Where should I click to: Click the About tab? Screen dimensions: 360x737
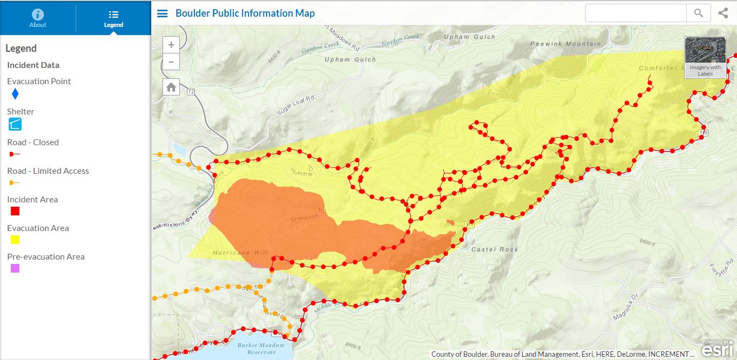[x=38, y=18]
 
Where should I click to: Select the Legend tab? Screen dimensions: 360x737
[x=113, y=18]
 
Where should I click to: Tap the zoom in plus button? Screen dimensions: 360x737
[x=171, y=45]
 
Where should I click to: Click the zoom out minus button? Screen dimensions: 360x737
[x=171, y=62]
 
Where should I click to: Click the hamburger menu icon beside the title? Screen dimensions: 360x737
[x=162, y=13]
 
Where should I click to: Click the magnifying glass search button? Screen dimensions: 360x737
[x=699, y=13]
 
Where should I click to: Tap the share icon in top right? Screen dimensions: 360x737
[x=723, y=13]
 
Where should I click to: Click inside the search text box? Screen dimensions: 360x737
[x=636, y=13]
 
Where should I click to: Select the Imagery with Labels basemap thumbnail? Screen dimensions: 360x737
[x=705, y=57]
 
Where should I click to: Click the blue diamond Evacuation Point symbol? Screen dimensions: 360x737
[x=15, y=94]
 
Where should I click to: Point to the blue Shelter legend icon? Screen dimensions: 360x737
[x=15, y=124]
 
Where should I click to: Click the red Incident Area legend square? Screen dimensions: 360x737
[x=15, y=211]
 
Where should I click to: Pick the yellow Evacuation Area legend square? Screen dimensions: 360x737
[x=15, y=240]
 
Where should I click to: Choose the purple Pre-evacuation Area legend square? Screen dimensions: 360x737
[x=15, y=268]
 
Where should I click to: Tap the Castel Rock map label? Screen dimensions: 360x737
[x=495, y=249]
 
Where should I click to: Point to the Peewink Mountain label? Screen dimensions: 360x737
[x=565, y=44]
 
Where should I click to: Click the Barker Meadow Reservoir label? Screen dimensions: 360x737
[x=260, y=349]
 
